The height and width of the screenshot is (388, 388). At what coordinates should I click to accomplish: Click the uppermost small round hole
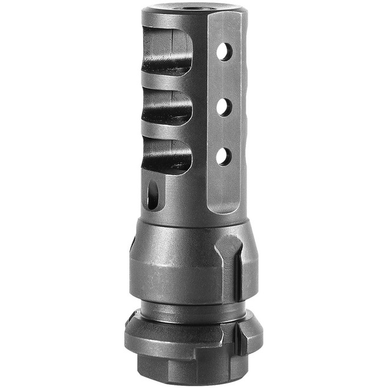(x=224, y=52)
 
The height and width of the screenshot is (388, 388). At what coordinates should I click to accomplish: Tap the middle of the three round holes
(x=224, y=107)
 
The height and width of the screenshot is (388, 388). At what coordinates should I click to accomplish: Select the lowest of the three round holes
(x=223, y=156)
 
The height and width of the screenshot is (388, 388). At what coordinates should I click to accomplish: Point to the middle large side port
(x=167, y=108)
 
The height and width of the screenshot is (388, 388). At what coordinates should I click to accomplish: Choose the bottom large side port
(x=167, y=156)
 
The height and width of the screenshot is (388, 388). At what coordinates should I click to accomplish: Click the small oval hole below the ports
(x=153, y=195)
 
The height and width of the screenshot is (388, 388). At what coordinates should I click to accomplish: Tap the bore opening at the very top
(x=191, y=8)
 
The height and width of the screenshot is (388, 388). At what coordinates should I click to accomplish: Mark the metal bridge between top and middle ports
(x=167, y=82)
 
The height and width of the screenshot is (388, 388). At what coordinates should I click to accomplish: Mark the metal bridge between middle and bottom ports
(x=167, y=133)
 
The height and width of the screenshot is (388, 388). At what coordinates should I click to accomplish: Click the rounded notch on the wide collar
(x=229, y=247)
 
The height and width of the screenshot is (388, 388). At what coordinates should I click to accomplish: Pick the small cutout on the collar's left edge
(x=132, y=241)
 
